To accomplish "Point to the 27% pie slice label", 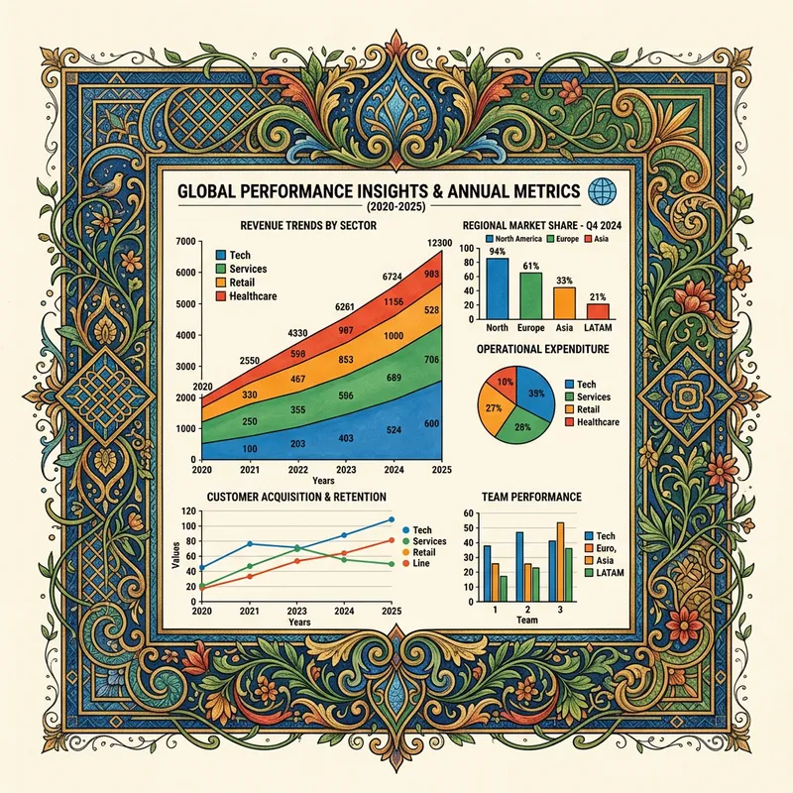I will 492,406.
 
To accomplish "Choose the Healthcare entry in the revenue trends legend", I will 252,296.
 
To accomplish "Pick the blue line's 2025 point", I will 391,519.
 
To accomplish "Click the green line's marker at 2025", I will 391,565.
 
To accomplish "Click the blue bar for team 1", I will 487,575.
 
